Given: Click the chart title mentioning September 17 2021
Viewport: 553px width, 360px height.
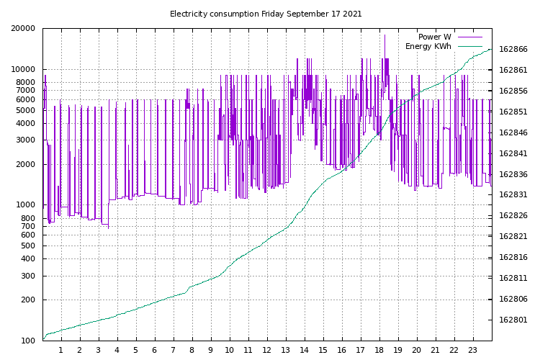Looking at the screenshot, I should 266,14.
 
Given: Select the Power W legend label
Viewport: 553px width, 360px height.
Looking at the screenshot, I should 434,37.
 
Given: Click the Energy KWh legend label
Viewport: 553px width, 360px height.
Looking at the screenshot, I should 428,46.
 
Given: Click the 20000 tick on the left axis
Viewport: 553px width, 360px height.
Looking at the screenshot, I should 23,29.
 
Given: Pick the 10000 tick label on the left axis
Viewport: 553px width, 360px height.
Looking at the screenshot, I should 23,70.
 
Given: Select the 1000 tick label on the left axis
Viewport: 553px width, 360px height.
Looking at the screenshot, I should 25,205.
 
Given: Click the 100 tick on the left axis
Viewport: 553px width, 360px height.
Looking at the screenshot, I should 27,341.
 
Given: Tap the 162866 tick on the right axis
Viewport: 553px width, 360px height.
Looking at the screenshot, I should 513,50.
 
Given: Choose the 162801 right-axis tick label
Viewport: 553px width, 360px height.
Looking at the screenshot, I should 513,320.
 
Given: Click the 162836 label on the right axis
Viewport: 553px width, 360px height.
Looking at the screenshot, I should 513,174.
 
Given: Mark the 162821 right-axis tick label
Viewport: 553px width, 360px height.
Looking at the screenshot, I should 513,237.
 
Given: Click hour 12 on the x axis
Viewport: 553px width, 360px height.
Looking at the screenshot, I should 266,351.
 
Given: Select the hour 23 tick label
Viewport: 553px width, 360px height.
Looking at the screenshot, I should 473,351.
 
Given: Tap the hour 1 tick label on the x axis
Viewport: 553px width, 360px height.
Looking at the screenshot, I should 60,351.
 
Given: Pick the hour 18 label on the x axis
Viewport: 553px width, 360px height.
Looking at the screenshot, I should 379,351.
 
